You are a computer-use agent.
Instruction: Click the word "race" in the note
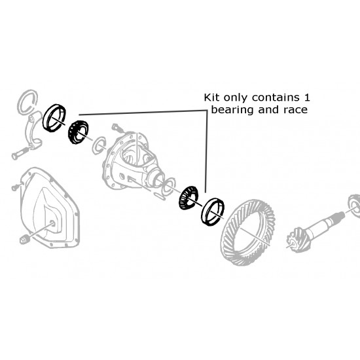click(x=294, y=110)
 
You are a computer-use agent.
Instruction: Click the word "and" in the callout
click(x=264, y=110)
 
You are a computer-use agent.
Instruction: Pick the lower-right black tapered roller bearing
click(x=187, y=198)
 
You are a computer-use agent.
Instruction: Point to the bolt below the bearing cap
click(x=20, y=156)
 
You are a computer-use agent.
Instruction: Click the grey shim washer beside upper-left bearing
click(x=97, y=144)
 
